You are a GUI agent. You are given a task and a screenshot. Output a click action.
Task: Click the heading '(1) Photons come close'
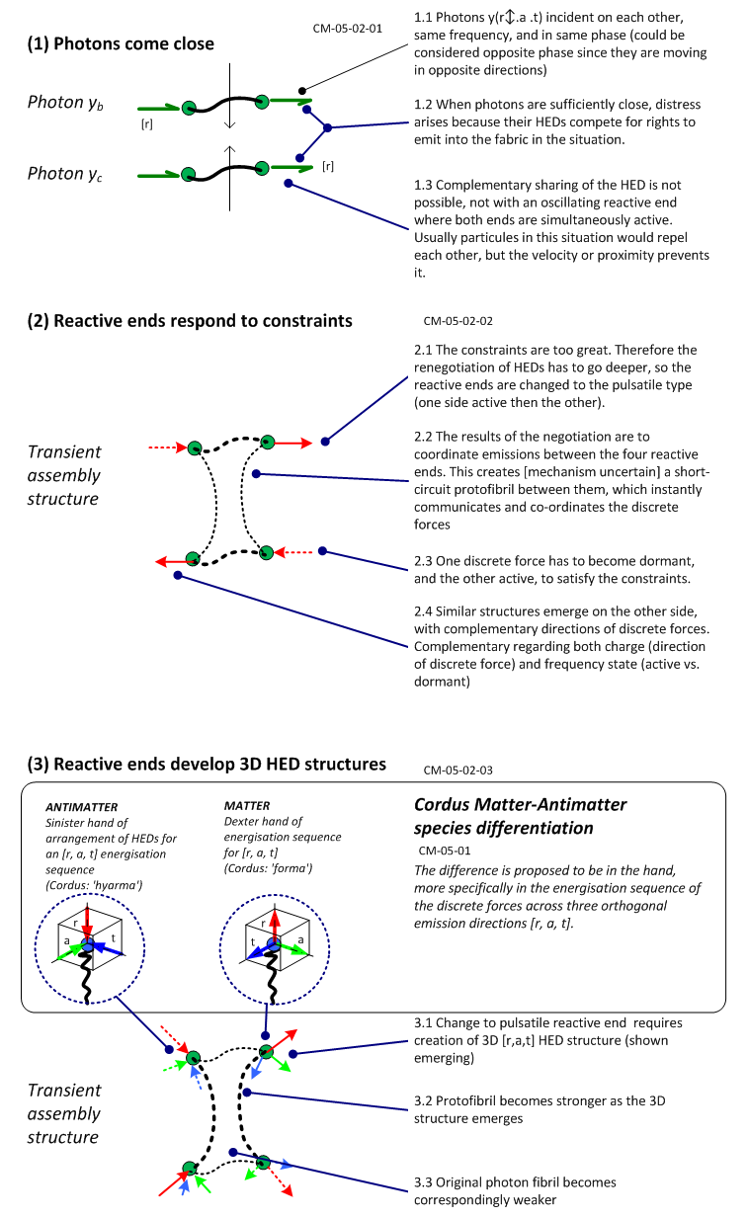pos(121,43)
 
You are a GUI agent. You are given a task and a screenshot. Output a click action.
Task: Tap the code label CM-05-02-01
pos(347,29)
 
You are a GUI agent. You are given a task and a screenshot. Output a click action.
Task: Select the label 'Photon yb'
pos(65,102)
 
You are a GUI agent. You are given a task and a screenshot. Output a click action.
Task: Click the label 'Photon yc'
pos(65,174)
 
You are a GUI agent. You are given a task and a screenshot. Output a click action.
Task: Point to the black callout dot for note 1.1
pos(302,91)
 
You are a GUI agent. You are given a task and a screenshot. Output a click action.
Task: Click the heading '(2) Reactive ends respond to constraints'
pos(190,321)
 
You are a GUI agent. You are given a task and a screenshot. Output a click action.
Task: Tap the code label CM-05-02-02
pos(458,321)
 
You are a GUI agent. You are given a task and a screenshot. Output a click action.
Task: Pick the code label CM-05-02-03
pos(458,770)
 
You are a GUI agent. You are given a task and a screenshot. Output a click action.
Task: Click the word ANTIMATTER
pos(82,807)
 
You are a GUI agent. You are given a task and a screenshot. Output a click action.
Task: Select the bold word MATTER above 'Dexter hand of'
pos(247,805)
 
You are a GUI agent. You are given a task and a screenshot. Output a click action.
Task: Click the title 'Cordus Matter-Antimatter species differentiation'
pos(520,816)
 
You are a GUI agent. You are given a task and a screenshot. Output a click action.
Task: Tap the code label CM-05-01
pos(445,851)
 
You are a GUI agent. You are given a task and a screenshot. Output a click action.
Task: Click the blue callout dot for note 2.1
pos(325,442)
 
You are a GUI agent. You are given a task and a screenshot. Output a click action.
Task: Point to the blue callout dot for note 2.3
pos(322,551)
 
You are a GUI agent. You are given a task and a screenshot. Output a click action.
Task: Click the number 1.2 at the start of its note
pos(423,105)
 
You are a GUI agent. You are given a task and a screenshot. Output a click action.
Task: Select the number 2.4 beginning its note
pos(423,611)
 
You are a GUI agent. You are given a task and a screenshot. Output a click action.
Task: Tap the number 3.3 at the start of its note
pos(423,1182)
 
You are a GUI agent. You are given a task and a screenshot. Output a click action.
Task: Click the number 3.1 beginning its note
pos(423,1022)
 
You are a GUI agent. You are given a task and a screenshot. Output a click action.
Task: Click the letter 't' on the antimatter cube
pos(114,937)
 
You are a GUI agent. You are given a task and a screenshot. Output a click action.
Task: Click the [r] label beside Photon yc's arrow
pos(328,166)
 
